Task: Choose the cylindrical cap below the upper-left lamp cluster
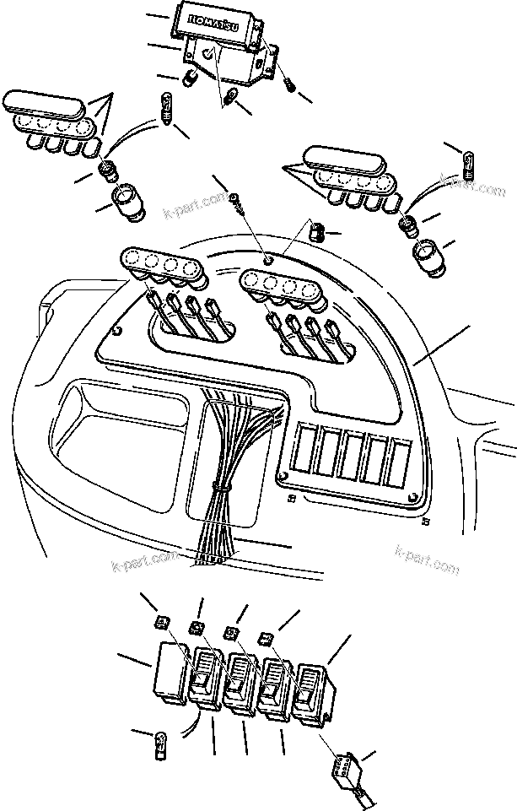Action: click(127, 204)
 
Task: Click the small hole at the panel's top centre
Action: click(268, 261)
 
